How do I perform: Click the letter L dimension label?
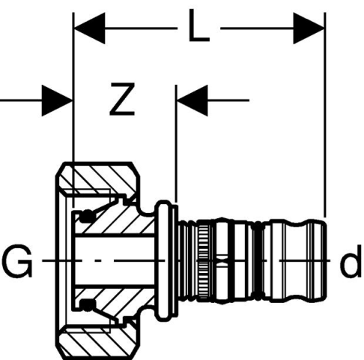(198, 25)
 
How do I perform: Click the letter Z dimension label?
(122, 99)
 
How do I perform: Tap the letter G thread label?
(17, 261)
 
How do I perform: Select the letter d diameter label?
(351, 261)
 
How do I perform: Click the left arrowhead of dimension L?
(89, 28)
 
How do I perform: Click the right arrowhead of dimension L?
(309, 28)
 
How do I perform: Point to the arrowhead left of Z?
(57, 100)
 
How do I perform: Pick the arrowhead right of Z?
(192, 100)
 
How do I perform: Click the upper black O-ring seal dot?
(88, 215)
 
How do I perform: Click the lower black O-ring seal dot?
(88, 305)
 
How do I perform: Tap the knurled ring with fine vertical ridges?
(204, 261)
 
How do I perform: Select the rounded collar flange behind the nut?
(163, 260)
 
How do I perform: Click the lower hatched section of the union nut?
(99, 342)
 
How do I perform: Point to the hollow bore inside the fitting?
(115, 260)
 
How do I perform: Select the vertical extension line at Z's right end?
(176, 144)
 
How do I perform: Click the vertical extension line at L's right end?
(325, 115)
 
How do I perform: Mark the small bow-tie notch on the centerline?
(222, 260)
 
